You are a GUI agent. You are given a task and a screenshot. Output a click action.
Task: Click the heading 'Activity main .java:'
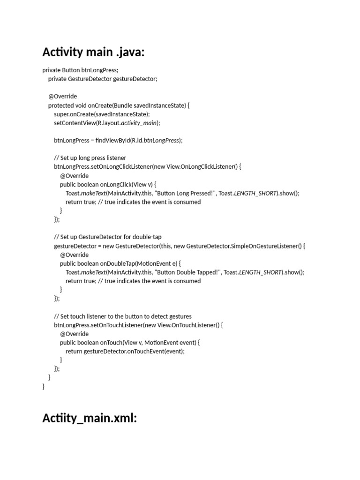(93, 52)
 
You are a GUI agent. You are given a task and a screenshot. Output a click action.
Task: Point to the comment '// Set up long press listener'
(90, 158)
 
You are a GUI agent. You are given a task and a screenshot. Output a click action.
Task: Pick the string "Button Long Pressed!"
(185, 193)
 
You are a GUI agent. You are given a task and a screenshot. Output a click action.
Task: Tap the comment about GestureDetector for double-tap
(108, 237)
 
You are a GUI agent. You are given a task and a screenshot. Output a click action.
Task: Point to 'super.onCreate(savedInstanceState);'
(102, 114)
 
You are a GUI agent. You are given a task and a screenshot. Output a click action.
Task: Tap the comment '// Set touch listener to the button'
(123, 316)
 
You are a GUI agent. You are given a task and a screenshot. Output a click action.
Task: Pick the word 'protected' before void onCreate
(60, 105)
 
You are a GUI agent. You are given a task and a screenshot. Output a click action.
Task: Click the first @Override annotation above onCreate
(62, 97)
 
